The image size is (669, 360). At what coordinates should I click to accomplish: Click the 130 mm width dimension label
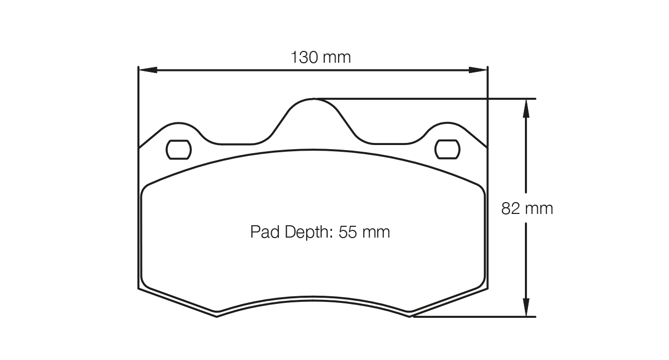tap(321, 57)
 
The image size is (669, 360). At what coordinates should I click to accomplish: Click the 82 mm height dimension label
tap(527, 208)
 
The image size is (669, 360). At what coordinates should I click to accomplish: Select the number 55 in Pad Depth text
tap(348, 232)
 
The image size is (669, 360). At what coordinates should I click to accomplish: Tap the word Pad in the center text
tap(263, 232)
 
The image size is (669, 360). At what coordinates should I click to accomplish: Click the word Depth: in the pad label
tap(307, 232)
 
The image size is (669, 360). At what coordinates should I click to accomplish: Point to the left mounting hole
tap(179, 149)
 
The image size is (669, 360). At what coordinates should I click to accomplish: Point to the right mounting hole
tap(447, 149)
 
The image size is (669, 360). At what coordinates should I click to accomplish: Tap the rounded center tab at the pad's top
tap(313, 105)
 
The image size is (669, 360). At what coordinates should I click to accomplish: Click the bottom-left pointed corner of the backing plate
tap(217, 315)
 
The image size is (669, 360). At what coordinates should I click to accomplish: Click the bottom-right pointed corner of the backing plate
tap(410, 315)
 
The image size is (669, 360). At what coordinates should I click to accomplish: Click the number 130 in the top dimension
tap(305, 57)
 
